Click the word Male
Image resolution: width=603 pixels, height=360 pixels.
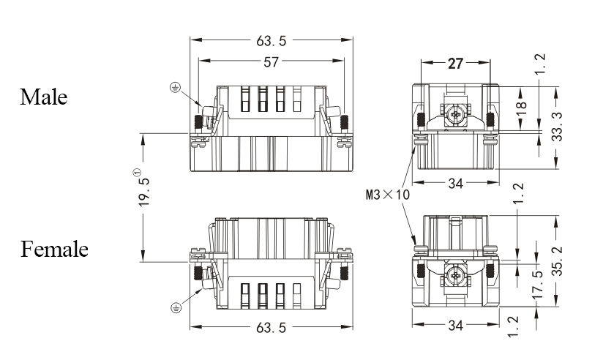[43, 97]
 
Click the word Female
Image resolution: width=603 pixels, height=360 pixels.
[54, 250]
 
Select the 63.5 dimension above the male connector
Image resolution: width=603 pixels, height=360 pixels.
[271, 40]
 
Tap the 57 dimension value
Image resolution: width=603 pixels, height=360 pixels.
[271, 62]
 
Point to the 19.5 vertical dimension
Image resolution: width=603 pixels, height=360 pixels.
[144, 191]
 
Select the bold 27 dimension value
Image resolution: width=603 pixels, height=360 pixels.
[455, 64]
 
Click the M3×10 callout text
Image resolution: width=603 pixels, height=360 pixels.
[387, 195]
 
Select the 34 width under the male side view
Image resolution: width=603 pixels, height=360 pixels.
[454, 184]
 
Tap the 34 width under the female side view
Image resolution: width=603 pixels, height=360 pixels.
[454, 326]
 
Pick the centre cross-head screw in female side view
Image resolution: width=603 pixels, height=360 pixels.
[455, 275]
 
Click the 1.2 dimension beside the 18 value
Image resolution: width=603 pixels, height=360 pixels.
[539, 64]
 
